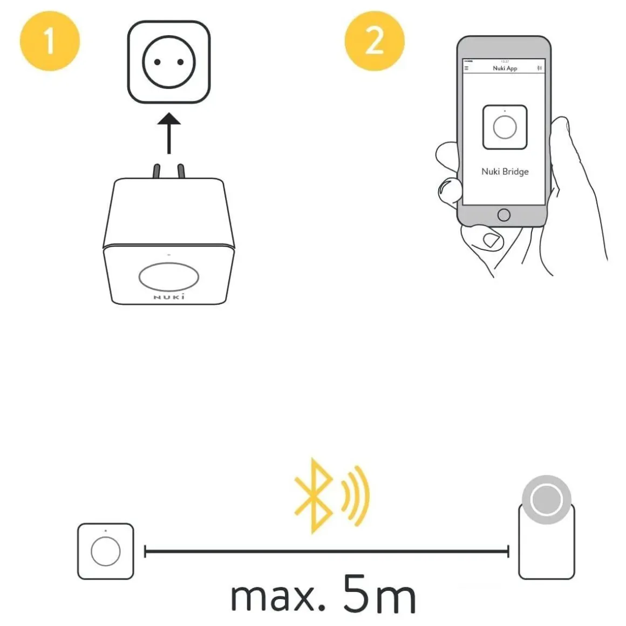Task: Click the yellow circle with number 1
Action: [x=50, y=40]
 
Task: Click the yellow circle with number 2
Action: [x=374, y=40]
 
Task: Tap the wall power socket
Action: [x=168, y=62]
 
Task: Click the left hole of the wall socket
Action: [x=157, y=62]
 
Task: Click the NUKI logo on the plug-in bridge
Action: [x=169, y=297]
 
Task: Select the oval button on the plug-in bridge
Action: [x=168, y=277]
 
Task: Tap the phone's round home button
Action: [x=503, y=215]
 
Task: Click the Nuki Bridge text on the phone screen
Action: [x=505, y=172]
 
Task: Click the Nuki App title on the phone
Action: [x=505, y=69]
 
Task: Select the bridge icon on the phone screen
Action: [x=505, y=127]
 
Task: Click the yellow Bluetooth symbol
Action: [x=314, y=495]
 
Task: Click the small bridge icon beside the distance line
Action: [x=105, y=551]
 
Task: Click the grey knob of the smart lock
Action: [x=546, y=499]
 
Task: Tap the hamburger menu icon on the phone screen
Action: [x=467, y=69]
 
